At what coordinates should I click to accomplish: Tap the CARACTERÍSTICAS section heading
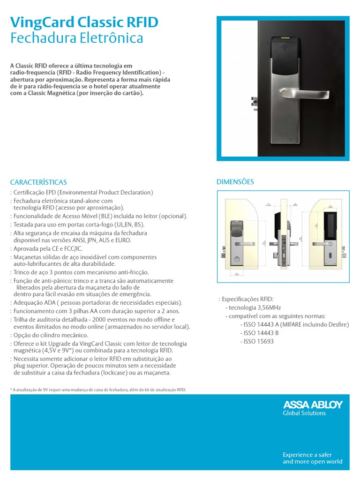click(38, 182)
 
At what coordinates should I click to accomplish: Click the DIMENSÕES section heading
click(235, 181)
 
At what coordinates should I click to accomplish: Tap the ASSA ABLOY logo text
click(313, 405)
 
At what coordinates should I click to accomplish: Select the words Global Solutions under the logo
click(304, 413)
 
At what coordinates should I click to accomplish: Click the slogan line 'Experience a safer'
click(307, 455)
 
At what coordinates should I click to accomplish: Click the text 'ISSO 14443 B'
click(259, 333)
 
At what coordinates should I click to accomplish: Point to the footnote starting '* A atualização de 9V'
click(98, 390)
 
